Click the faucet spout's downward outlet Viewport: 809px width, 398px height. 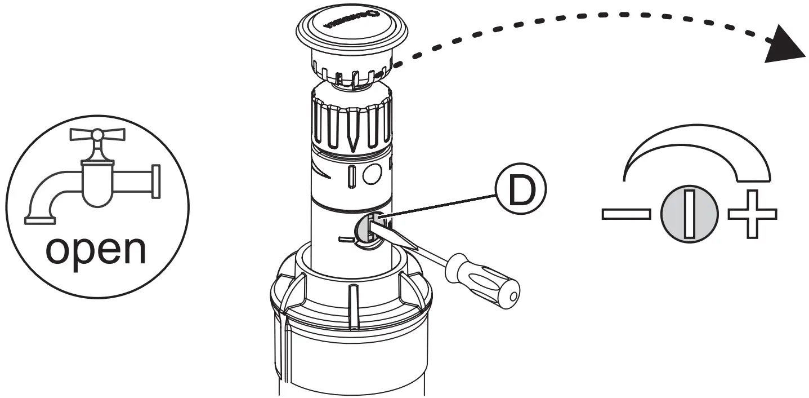pos(40,216)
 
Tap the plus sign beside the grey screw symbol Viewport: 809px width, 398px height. pos(753,214)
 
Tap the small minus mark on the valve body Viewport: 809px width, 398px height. pos(345,240)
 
